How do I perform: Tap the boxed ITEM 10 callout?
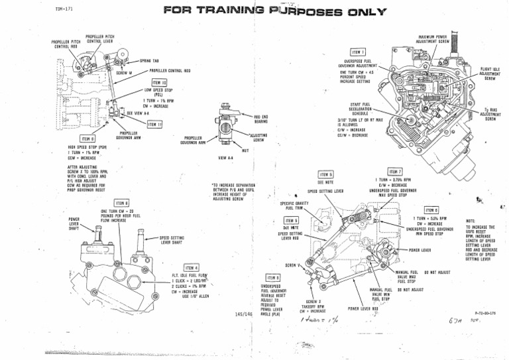tap(158, 82)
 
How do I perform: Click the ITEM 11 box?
tap(156, 124)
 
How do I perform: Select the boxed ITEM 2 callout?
tap(273, 276)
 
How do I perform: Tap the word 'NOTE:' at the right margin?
tap(471, 220)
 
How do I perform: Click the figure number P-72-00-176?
tap(485, 310)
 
